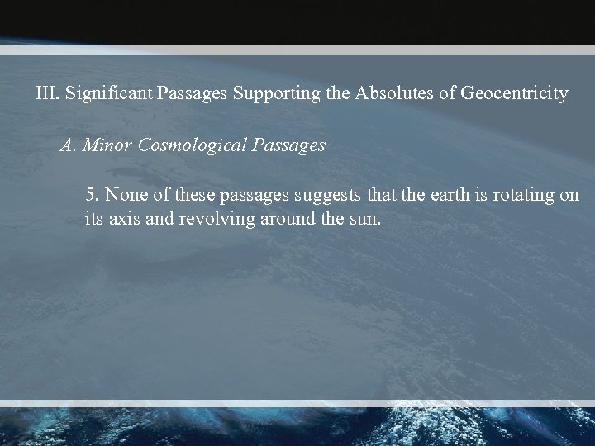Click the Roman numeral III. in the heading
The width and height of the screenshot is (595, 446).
pyautogui.click(x=47, y=93)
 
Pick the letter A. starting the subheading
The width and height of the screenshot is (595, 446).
pyautogui.click(x=69, y=146)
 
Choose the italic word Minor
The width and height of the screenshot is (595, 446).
pyautogui.click(x=105, y=146)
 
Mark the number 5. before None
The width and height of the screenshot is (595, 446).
pyautogui.click(x=92, y=197)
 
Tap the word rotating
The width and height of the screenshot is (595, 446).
pyautogui.click(x=526, y=197)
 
